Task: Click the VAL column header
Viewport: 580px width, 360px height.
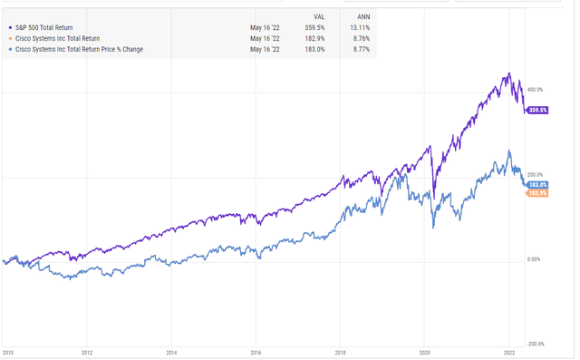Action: tap(318, 15)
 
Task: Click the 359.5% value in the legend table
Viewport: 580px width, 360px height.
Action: tap(315, 27)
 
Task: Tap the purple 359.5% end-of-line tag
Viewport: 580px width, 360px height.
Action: tap(537, 111)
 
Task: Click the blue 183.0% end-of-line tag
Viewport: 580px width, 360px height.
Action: tap(537, 184)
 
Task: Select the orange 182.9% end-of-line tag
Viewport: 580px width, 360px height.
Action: tap(537, 193)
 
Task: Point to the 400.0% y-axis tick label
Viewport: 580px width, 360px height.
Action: tap(536, 90)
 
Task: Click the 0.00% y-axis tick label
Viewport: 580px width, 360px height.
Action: tap(535, 259)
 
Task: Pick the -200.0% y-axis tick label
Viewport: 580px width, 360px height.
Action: tap(536, 344)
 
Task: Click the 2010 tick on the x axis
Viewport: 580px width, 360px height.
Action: tap(8, 352)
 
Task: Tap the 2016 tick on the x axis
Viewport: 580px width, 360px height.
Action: tap(256, 352)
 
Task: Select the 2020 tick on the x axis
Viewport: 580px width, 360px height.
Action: tap(425, 352)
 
